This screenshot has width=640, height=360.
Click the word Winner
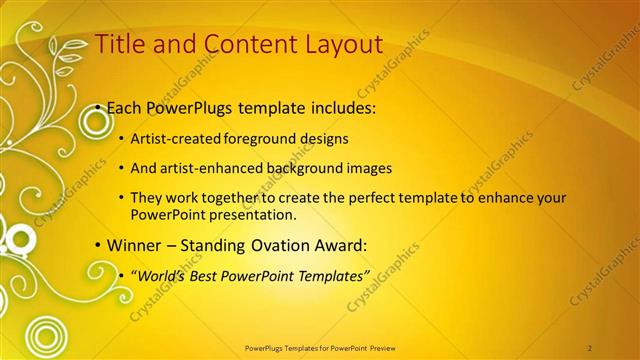[x=132, y=245]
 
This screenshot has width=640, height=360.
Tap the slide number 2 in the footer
[x=590, y=347]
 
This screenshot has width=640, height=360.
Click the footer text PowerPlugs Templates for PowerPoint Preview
[x=319, y=347]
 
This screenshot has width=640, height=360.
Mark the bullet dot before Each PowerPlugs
[x=97, y=108]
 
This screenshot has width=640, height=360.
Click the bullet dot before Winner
[x=97, y=246]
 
